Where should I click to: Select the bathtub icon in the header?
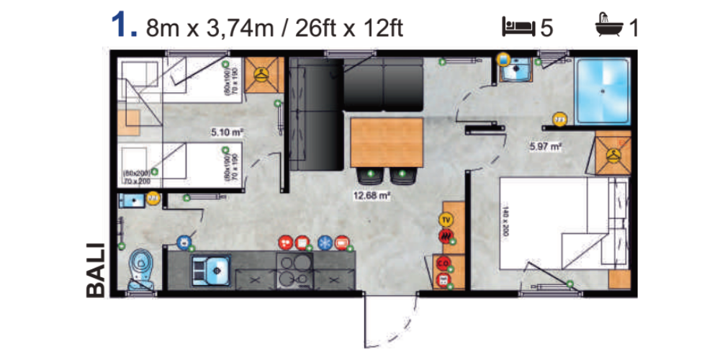(608, 27)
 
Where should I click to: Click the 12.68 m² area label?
(372, 194)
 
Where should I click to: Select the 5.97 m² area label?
(545, 146)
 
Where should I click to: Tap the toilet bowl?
(138, 268)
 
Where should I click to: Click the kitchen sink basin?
(210, 269)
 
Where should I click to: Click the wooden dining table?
(386, 142)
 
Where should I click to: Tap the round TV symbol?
(446, 219)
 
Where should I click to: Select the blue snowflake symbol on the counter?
(325, 243)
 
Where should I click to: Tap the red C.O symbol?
(444, 264)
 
